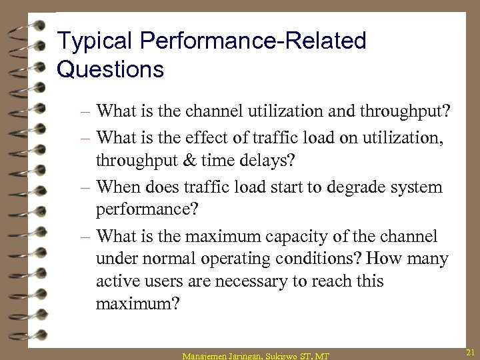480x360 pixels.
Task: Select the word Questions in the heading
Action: coord(110,69)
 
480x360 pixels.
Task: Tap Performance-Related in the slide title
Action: coord(253,41)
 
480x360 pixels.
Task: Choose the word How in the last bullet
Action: coord(383,259)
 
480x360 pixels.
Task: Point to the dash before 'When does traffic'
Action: coord(87,187)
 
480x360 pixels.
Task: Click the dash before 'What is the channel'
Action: coord(87,110)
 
